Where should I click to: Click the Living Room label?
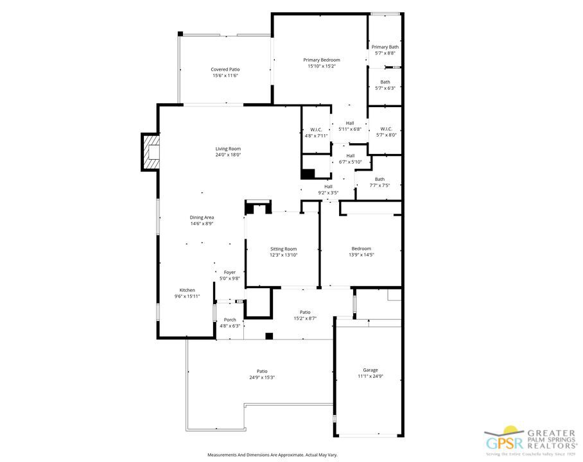coord(228,149)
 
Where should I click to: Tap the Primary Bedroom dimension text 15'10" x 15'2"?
coord(322,66)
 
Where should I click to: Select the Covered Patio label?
coord(225,69)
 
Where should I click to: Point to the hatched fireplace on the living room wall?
coord(150,152)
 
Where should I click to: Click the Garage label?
coord(370,370)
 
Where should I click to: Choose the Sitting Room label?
coord(283,249)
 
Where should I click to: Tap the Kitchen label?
coord(187,290)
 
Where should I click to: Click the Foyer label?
coord(230,273)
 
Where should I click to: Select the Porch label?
coord(230,320)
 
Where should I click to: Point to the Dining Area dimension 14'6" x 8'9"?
coord(202,224)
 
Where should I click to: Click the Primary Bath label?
coord(385,47)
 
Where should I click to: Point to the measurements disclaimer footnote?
coord(272,454)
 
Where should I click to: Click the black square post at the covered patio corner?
coord(180,34)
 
